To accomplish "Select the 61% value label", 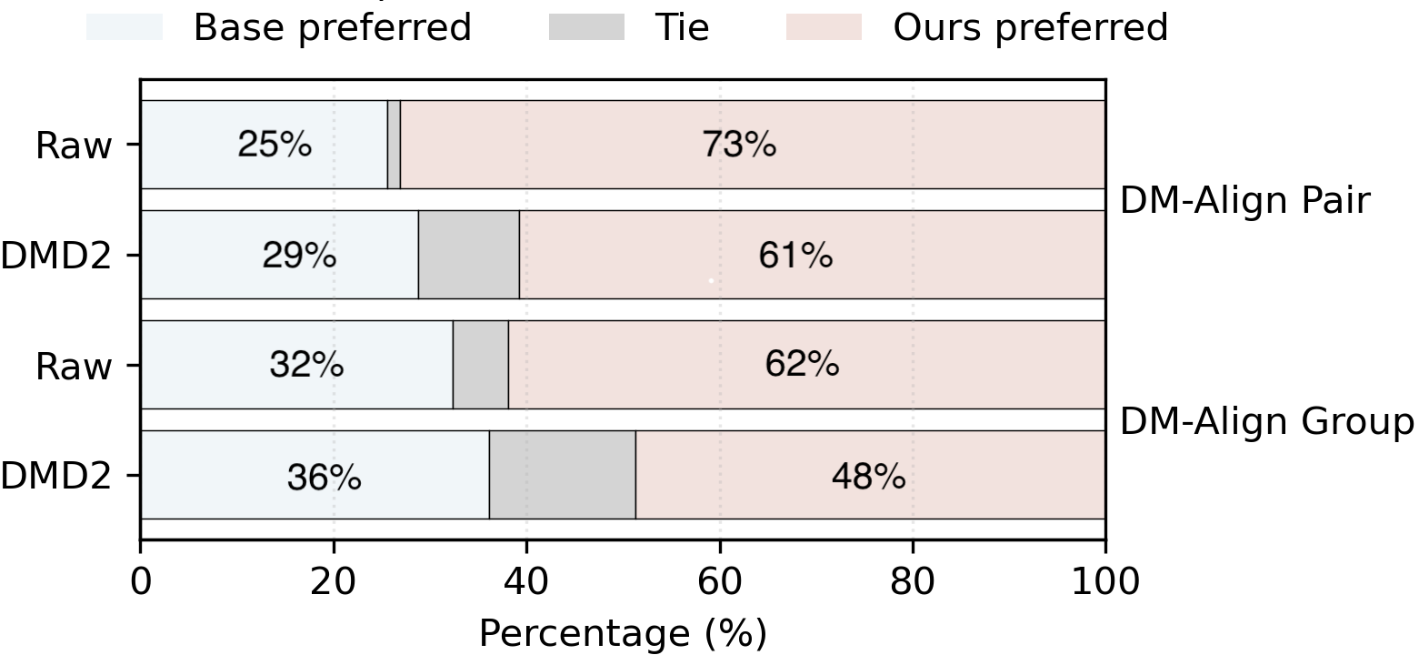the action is pos(795,255).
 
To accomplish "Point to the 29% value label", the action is pos(299,255).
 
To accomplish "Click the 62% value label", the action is pos(802,365).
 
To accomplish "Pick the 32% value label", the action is pos(306,365).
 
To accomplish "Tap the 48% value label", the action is pos(868,476).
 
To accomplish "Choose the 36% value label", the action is pos(325,476).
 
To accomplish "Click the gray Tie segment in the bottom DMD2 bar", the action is pos(563,475).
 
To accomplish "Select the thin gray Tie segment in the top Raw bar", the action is pos(394,145).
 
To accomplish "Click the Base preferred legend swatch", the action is pos(125,27).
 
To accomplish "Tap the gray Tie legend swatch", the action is pos(586,27).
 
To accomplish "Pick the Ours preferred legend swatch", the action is pos(824,27).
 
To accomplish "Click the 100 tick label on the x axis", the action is pos(1105,581).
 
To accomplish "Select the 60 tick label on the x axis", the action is pos(720,581).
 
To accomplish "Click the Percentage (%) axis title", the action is pos(624,633).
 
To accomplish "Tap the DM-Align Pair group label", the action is pos(1245,200).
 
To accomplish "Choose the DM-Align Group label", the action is pos(1267,422).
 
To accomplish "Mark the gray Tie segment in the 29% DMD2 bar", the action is pos(469,254).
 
